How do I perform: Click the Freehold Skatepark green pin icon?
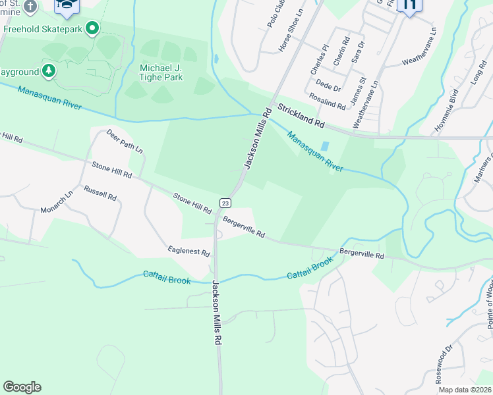92,29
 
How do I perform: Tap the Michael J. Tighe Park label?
161,72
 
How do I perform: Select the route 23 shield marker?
225,203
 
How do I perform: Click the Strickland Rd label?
301,115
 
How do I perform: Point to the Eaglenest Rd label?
188,253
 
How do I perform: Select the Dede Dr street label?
328,86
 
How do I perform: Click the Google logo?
22,387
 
